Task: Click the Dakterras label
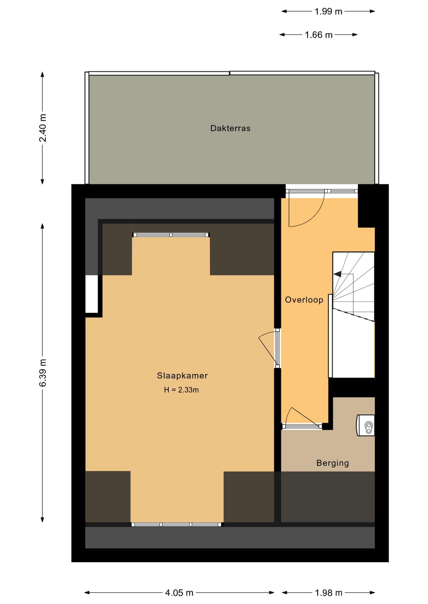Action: [x=230, y=128]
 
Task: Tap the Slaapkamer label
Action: [x=182, y=376]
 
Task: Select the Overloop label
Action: [x=304, y=300]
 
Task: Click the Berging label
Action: [x=333, y=463]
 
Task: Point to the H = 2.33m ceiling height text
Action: [x=181, y=390]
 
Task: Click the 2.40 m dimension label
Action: [x=43, y=128]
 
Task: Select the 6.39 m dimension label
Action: [x=43, y=373]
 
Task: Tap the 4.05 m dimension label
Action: [x=179, y=593]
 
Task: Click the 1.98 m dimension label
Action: [x=328, y=593]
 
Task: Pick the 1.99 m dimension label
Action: [x=328, y=12]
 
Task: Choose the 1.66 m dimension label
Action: [x=319, y=35]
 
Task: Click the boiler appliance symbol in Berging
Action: [x=366, y=425]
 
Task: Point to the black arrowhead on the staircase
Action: [x=338, y=274]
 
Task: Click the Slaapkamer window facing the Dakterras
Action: [x=171, y=235]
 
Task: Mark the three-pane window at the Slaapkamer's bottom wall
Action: [x=176, y=524]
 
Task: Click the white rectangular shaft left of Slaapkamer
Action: [x=92, y=294]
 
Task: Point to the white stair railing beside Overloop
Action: [x=330, y=336]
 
